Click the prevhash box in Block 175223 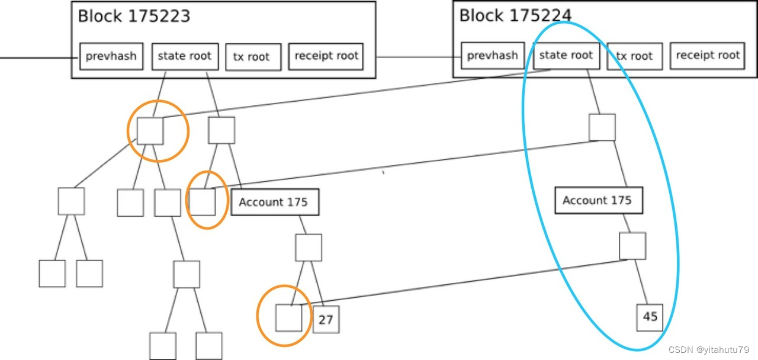pos(111,56)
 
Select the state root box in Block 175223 pos(185,56)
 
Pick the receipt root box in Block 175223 pos(326,56)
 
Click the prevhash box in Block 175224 pos(493,56)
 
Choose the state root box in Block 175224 pos(566,55)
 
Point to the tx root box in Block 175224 pos(635,56)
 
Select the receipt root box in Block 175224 pos(708,55)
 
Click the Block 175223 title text pos(134,16)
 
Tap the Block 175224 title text pos(515,15)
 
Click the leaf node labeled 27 pos(326,320)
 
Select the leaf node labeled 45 pos(650,317)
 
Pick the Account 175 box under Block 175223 pos(274,202)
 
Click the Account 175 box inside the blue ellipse pos(598,200)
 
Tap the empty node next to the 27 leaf pos(289,317)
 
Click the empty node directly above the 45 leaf pos(632,246)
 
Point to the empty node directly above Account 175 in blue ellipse pos(602,127)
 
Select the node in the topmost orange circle pos(150,130)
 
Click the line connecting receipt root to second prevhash pos(418,57)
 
